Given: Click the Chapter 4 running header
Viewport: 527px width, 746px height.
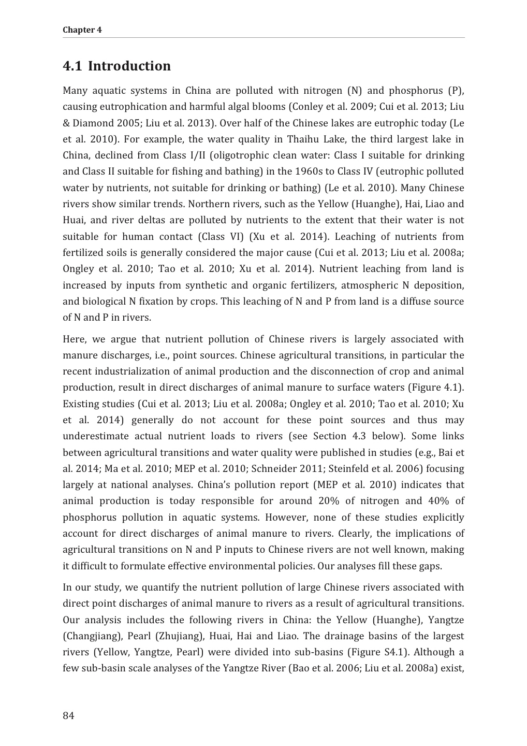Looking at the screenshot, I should pyautogui.click(x=82, y=30).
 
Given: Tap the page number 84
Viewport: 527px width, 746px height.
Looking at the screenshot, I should pyautogui.click(x=68, y=715).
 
